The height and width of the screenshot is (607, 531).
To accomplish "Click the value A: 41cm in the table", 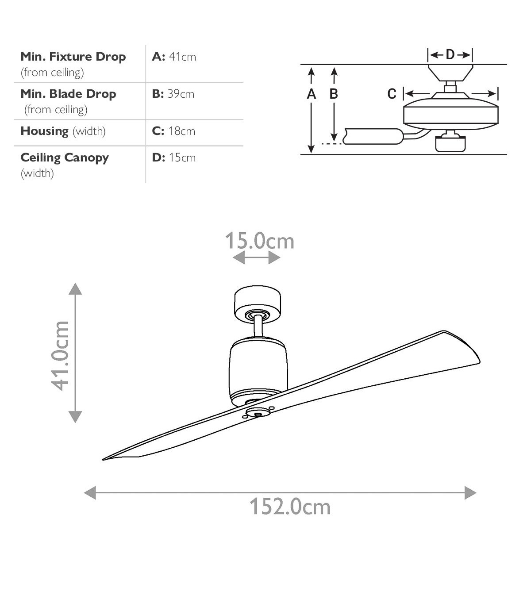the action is pos(174,56).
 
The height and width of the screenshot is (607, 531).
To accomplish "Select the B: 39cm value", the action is pos(173,94).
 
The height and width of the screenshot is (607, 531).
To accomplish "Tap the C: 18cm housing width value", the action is pos(173,131).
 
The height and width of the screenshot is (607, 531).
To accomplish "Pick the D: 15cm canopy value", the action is pos(174,157).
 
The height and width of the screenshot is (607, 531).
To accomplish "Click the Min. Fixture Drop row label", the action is pos(73,57).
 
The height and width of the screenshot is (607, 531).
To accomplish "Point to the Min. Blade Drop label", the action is pos(68,94).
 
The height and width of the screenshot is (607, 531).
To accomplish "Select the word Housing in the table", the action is pos(45,131).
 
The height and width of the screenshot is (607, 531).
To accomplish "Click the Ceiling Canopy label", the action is pos(65,158).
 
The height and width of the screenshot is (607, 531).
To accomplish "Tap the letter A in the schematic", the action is pos(311,94).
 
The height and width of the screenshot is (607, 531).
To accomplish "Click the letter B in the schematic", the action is pos(334,94).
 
